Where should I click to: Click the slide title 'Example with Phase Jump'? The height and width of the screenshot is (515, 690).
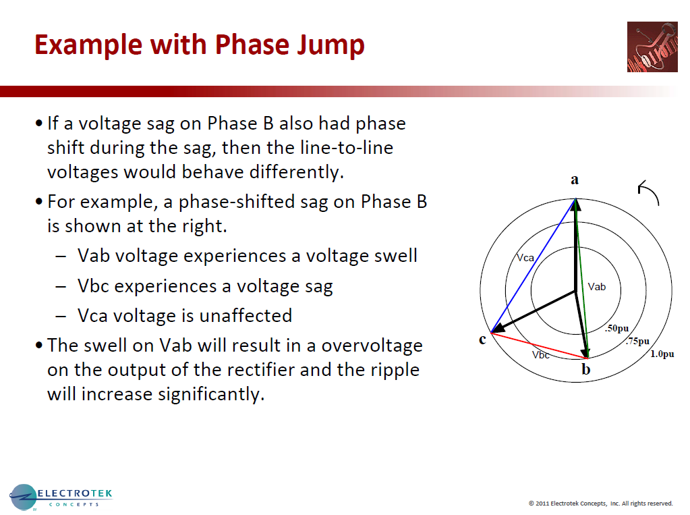coord(199,45)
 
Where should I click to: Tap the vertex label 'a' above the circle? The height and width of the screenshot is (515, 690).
coord(575,180)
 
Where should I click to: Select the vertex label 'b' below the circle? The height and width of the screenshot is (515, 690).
coord(586,369)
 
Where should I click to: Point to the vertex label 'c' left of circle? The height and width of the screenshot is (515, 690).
coord(482,339)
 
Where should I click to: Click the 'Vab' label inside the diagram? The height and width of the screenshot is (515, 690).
coord(597,287)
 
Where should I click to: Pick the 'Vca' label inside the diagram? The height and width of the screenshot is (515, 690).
coord(525,257)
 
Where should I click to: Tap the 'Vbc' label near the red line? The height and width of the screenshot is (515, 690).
coord(540,354)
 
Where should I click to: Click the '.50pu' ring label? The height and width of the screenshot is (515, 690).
coord(616,329)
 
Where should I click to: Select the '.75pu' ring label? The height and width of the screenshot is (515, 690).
coord(637,342)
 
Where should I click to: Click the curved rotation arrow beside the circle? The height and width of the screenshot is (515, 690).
coord(648,193)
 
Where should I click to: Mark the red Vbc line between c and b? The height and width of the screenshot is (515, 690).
coord(540,345)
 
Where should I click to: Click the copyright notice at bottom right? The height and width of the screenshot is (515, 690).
coord(600,503)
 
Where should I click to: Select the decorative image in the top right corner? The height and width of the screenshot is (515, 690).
coord(652,47)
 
